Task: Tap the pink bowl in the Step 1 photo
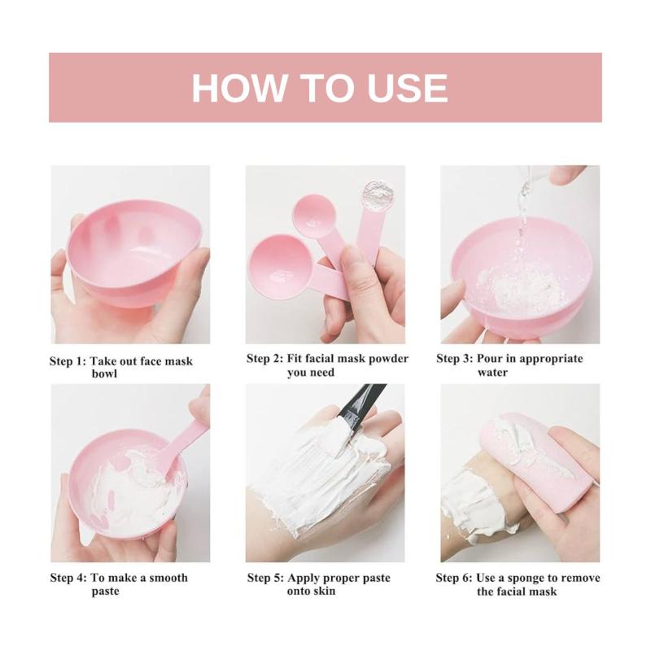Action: tap(133, 252)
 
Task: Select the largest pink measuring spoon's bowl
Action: tap(277, 267)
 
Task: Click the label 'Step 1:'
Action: tap(68, 361)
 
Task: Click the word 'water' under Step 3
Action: tap(492, 373)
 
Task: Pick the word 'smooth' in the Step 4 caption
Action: tap(168, 578)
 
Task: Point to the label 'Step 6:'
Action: tap(454, 578)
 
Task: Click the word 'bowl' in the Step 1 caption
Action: tap(105, 374)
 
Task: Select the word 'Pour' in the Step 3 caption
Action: tap(490, 359)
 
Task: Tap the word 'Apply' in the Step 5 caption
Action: tap(304, 579)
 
